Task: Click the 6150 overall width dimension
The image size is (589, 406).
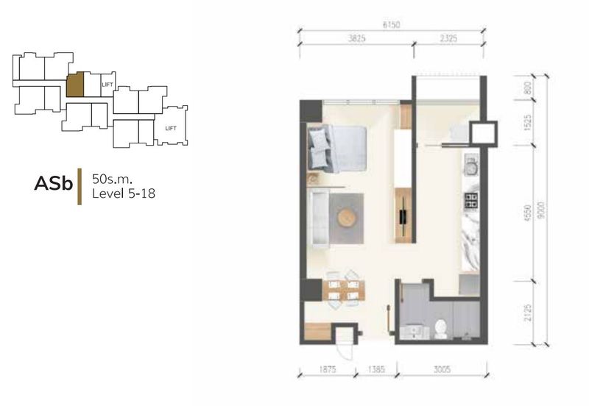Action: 391,25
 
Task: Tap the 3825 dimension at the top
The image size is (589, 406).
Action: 356,38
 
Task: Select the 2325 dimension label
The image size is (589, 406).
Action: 448,38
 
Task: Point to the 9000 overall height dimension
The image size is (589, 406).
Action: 540,211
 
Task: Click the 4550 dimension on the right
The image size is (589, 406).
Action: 528,213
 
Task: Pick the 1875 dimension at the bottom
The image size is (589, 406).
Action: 327,370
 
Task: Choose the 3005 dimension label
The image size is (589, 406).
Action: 442,370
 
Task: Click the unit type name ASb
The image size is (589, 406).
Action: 53,184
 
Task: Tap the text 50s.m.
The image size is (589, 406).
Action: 113,179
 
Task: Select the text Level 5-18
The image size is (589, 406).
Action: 124,193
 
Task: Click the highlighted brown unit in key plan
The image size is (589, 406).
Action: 75,85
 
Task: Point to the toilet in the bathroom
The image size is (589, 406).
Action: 440,328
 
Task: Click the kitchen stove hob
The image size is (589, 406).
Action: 471,200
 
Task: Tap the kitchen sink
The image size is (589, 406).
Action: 471,165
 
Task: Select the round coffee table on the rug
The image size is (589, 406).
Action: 346,218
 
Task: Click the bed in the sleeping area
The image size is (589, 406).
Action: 337,149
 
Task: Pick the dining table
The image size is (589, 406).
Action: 344,291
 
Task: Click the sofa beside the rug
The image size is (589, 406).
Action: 318,218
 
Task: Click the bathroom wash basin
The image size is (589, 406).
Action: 415,332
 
